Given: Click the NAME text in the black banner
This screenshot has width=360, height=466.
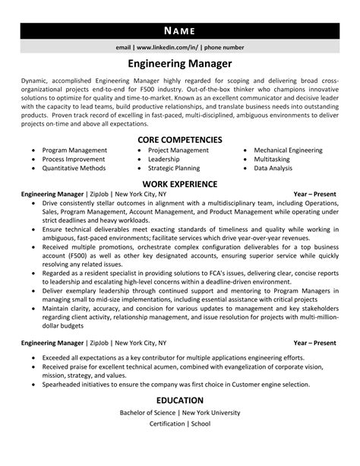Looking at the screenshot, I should [180, 31].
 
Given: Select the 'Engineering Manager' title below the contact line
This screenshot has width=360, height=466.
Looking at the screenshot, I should [180, 65].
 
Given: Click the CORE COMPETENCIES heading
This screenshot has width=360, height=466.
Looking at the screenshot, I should [180, 140].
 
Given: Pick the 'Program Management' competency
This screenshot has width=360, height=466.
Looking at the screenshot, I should [74, 151].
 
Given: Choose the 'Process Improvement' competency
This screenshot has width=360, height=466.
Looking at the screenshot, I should [74, 160].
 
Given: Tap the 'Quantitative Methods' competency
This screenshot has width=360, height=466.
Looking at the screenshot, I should [76, 169].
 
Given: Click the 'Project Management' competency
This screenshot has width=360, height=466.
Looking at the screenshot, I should [178, 151].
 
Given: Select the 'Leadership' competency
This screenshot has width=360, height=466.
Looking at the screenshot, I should [163, 160].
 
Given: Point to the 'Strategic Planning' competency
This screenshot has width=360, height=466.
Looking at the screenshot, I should [174, 169].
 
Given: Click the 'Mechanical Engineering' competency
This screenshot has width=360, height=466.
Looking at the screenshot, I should [288, 151].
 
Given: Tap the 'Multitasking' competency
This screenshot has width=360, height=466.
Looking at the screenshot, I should [272, 160].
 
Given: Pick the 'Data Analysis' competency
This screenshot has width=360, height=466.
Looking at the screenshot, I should [273, 169].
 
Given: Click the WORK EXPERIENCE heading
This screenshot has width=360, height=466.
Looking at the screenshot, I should [180, 184].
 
